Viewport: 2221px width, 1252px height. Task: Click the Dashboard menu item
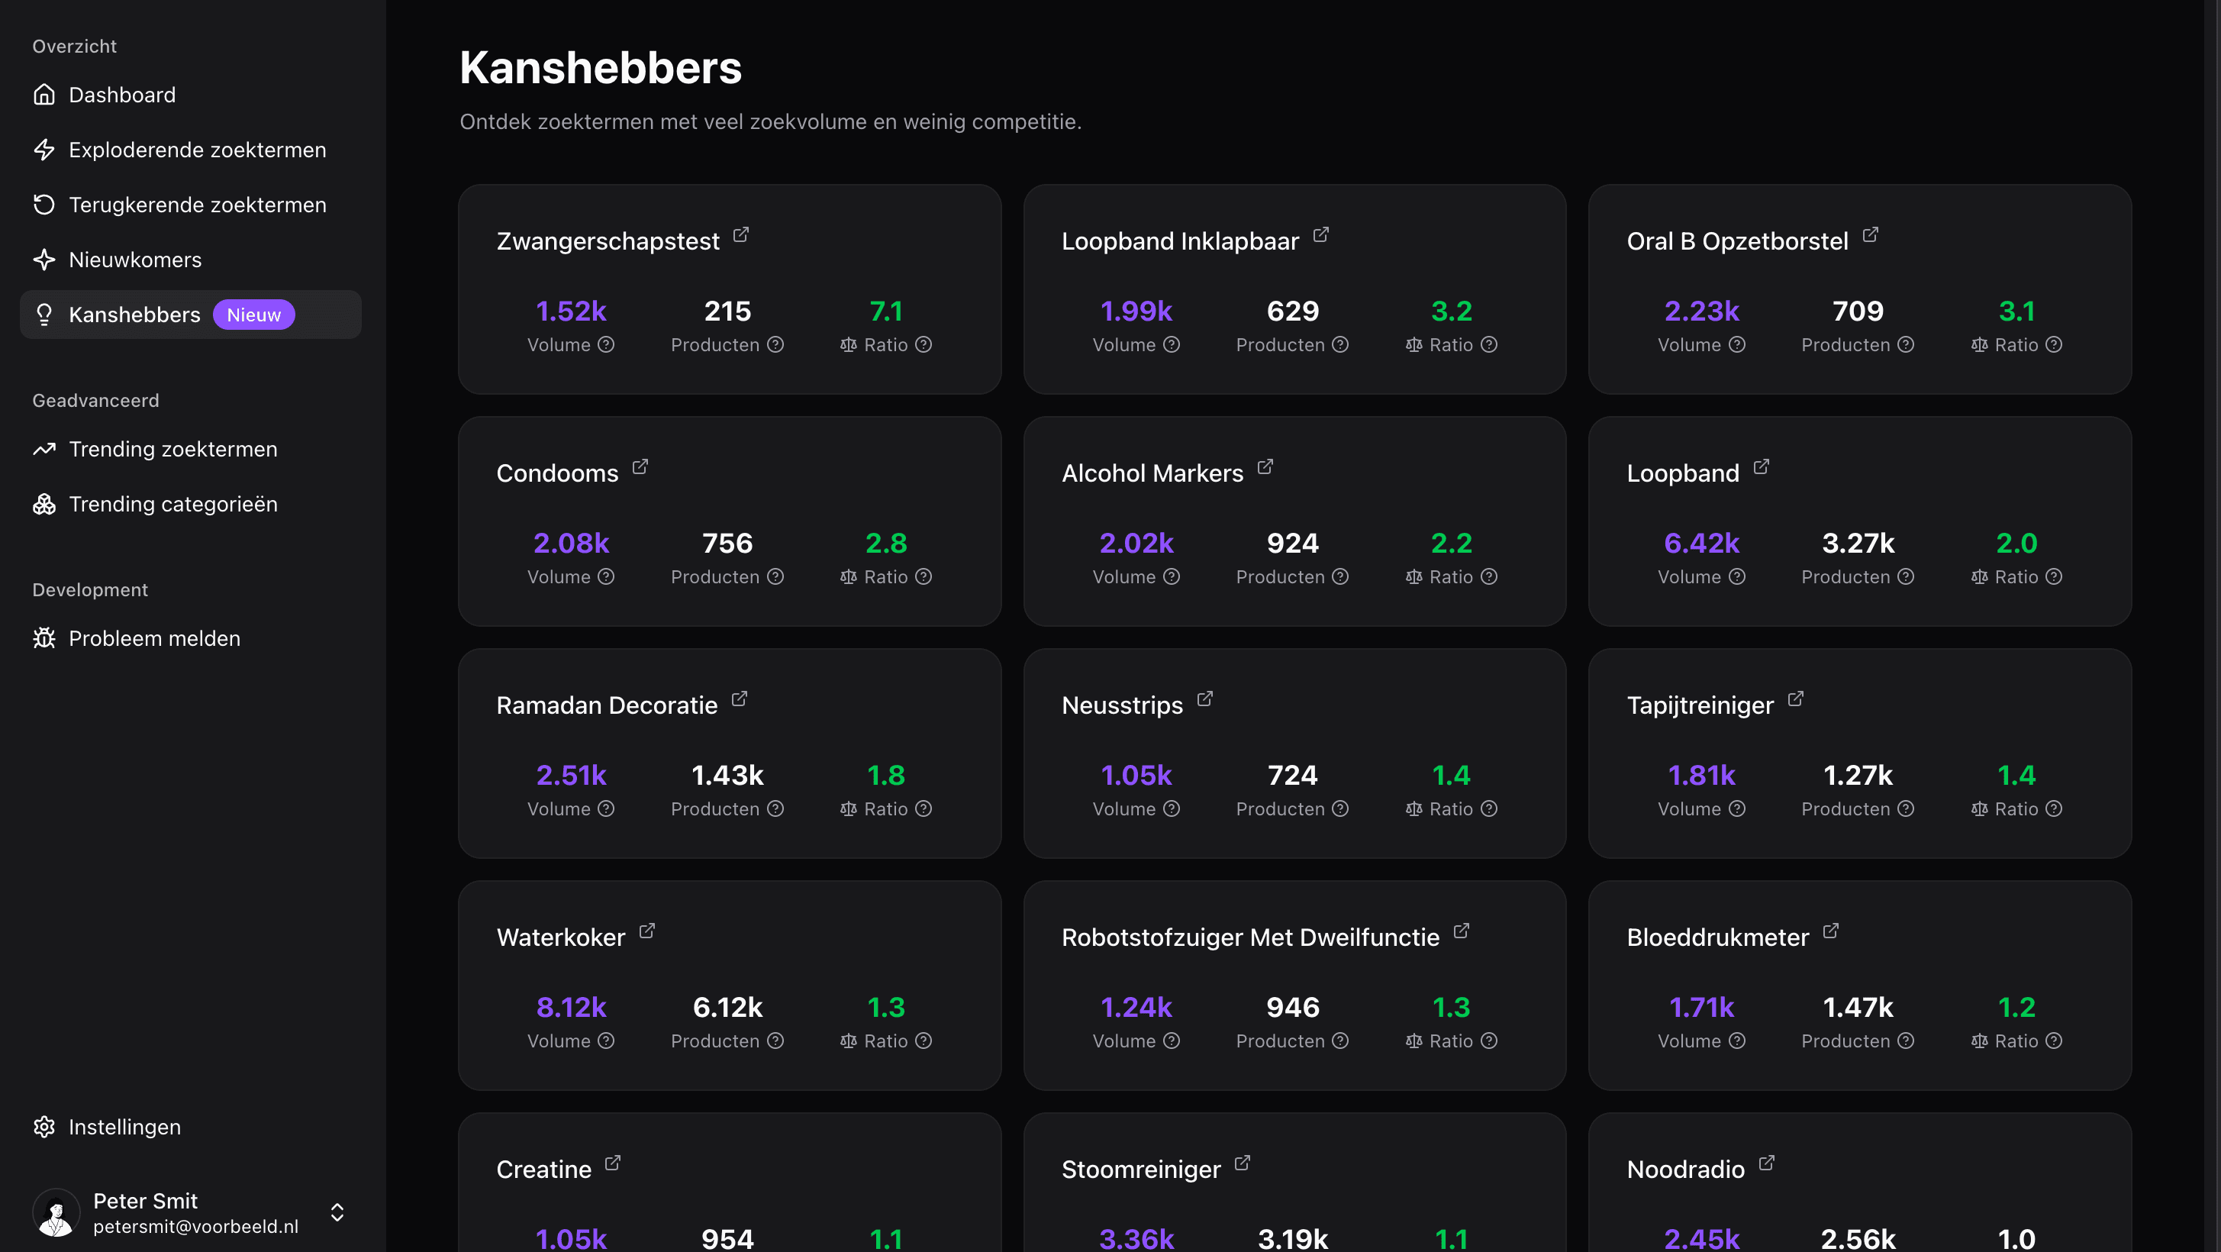(x=121, y=95)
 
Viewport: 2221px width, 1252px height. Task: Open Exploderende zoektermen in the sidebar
(x=197, y=150)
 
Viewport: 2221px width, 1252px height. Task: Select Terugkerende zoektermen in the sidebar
(x=197, y=205)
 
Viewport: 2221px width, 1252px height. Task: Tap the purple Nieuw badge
(x=253, y=315)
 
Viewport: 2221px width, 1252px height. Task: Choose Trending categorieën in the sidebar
(x=172, y=505)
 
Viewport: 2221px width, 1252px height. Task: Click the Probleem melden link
(x=153, y=639)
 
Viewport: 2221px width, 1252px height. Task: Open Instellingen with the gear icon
(x=44, y=1127)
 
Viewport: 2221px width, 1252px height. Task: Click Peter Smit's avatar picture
(x=56, y=1212)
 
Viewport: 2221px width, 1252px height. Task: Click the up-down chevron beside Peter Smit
(x=337, y=1212)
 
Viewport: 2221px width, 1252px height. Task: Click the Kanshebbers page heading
(x=600, y=67)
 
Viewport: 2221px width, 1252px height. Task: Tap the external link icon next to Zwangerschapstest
(x=740, y=234)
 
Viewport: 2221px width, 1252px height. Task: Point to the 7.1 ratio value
(x=885, y=311)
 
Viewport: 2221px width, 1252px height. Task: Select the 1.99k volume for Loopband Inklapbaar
(x=1136, y=311)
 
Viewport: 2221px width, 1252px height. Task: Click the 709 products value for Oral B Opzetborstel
(x=1857, y=311)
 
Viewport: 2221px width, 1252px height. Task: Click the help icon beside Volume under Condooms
(x=606, y=577)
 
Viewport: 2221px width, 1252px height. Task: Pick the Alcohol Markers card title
(x=1152, y=473)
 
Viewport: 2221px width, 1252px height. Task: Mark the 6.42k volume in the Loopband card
(x=1701, y=544)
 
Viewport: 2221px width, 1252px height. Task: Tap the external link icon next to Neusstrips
(x=1204, y=699)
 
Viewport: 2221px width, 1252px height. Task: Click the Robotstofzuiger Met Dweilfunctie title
(x=1249, y=937)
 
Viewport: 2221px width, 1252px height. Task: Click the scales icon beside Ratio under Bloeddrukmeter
(x=1979, y=1041)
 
